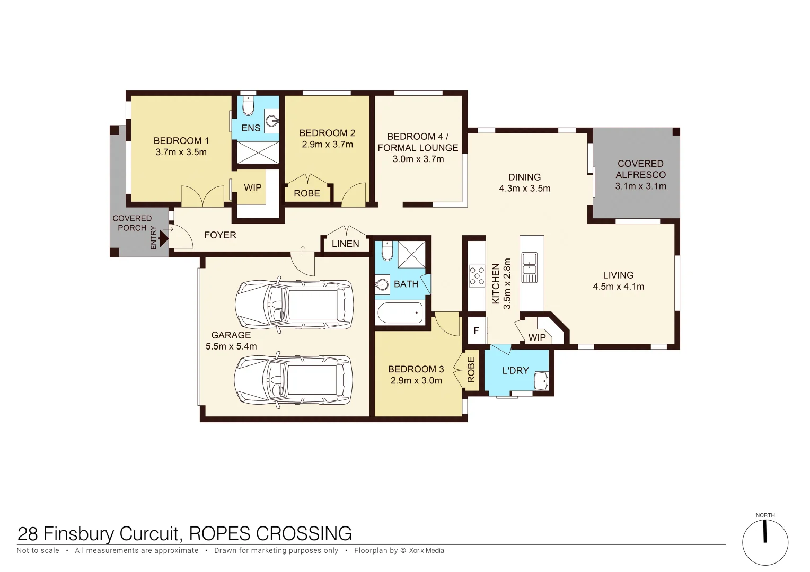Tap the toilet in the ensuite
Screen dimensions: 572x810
click(248, 106)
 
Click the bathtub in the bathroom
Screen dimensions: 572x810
click(400, 313)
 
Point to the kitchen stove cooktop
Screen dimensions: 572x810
click(477, 276)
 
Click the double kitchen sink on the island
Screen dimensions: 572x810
click(530, 267)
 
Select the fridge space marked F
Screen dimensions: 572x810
click(476, 330)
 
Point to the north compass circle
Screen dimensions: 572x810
click(765, 543)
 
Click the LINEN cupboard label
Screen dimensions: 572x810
click(346, 244)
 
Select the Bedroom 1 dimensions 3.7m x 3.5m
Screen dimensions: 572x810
click(181, 152)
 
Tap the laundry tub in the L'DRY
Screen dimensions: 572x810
click(541, 380)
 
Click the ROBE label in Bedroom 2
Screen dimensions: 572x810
click(307, 193)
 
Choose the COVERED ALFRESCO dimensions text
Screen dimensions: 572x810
click(640, 186)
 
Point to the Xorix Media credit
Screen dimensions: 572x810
click(426, 551)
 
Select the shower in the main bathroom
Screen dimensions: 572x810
click(411, 254)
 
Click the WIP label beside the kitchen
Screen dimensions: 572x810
click(537, 337)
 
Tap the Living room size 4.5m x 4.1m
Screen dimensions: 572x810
click(618, 287)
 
